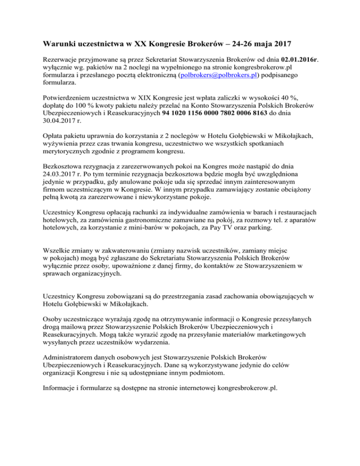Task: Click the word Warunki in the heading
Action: pyautogui.click(x=59, y=45)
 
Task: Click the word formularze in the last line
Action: pyautogui.click(x=98, y=378)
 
